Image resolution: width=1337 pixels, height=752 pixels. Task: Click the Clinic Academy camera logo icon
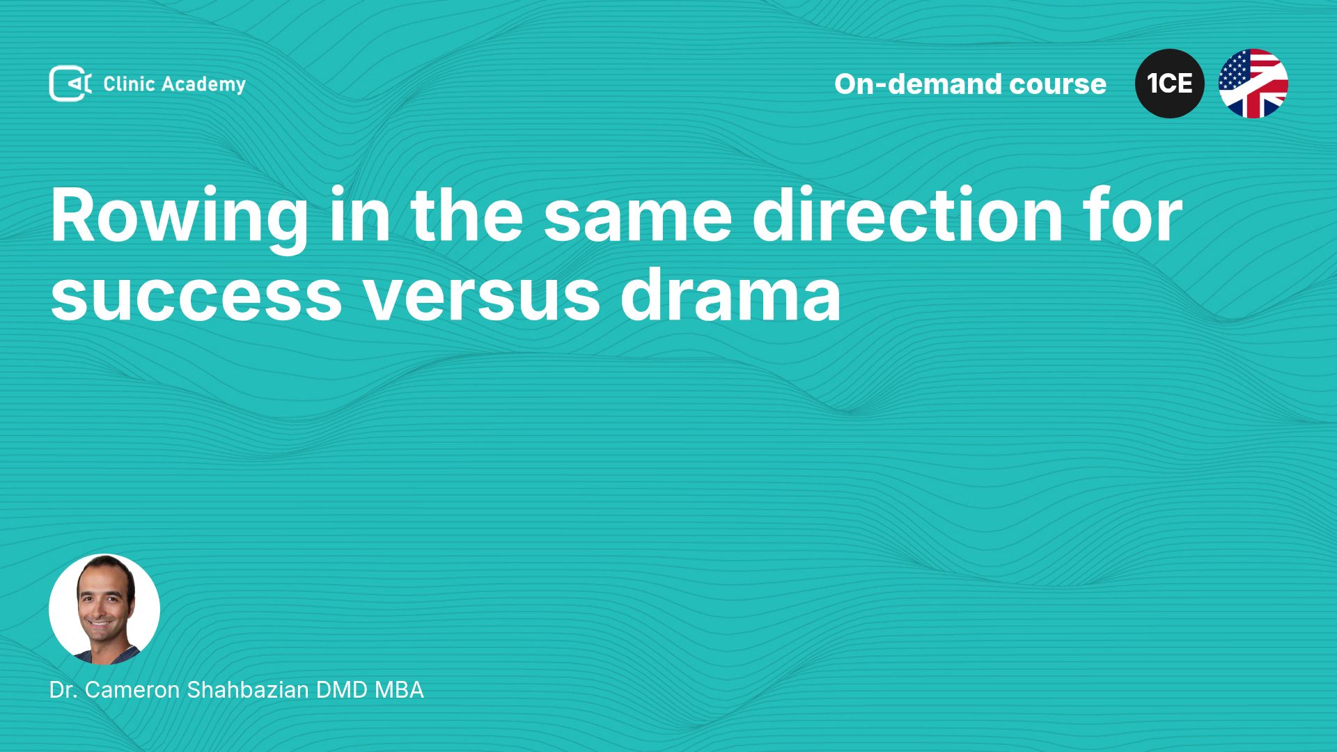click(x=70, y=84)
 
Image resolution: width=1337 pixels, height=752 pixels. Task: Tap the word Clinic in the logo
click(x=129, y=84)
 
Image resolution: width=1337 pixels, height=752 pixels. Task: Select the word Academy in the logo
click(x=204, y=85)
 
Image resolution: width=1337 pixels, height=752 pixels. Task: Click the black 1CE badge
click(x=1170, y=84)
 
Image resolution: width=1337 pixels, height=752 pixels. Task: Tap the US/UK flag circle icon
click(x=1253, y=84)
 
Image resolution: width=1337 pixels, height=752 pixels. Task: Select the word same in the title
click(x=637, y=217)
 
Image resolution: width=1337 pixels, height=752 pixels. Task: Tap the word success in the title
click(x=196, y=297)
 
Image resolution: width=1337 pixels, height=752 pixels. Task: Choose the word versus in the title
click(x=481, y=297)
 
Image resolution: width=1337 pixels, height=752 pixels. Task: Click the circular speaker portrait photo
click(x=104, y=609)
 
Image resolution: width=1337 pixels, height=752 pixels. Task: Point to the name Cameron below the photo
click(x=132, y=690)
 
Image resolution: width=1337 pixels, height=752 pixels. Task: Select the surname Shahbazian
click(x=248, y=690)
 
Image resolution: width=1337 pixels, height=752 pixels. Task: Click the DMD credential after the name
click(x=342, y=690)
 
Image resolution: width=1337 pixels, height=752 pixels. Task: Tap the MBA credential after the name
click(x=399, y=690)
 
